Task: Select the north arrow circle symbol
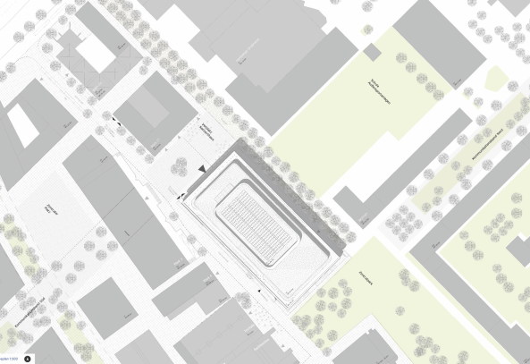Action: (x=28, y=358)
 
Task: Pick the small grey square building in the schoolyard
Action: (x=373, y=52)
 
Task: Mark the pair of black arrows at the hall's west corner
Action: (x=183, y=194)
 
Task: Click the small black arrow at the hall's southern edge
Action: (x=259, y=292)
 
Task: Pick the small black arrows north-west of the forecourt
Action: (x=117, y=118)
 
